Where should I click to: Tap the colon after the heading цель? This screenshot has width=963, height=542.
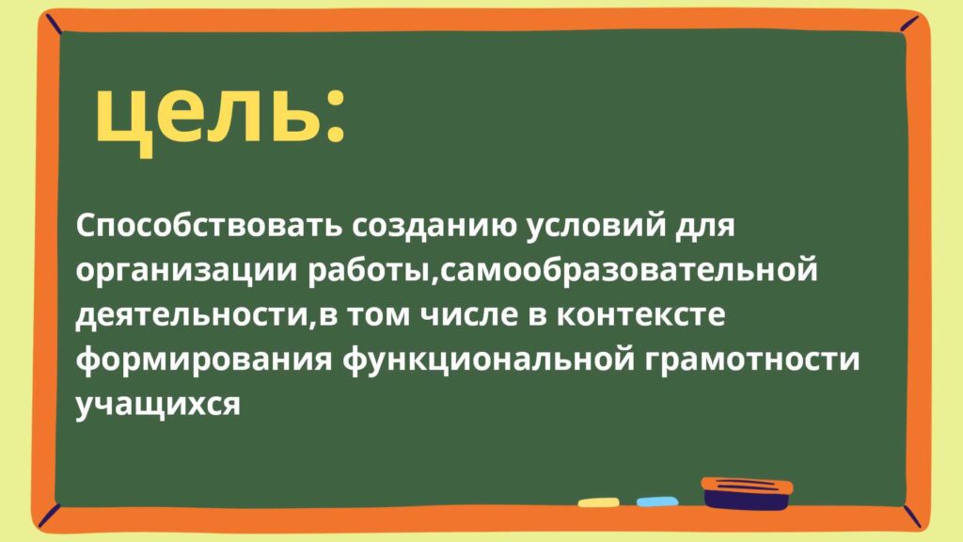(x=334, y=117)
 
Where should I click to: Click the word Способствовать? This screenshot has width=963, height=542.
(x=209, y=226)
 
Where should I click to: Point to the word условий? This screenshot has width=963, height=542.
(x=595, y=226)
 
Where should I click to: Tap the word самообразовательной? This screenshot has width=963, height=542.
(x=627, y=270)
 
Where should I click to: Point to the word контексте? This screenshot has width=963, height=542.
(x=639, y=315)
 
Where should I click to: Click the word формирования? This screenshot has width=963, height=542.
(x=203, y=359)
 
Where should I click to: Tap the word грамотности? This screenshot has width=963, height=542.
(x=752, y=360)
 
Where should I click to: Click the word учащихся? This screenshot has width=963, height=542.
(x=158, y=405)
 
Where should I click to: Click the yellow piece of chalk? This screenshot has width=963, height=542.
(x=598, y=502)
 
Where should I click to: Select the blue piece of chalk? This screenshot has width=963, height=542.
(x=657, y=502)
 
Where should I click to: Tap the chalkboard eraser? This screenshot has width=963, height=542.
(x=746, y=493)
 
